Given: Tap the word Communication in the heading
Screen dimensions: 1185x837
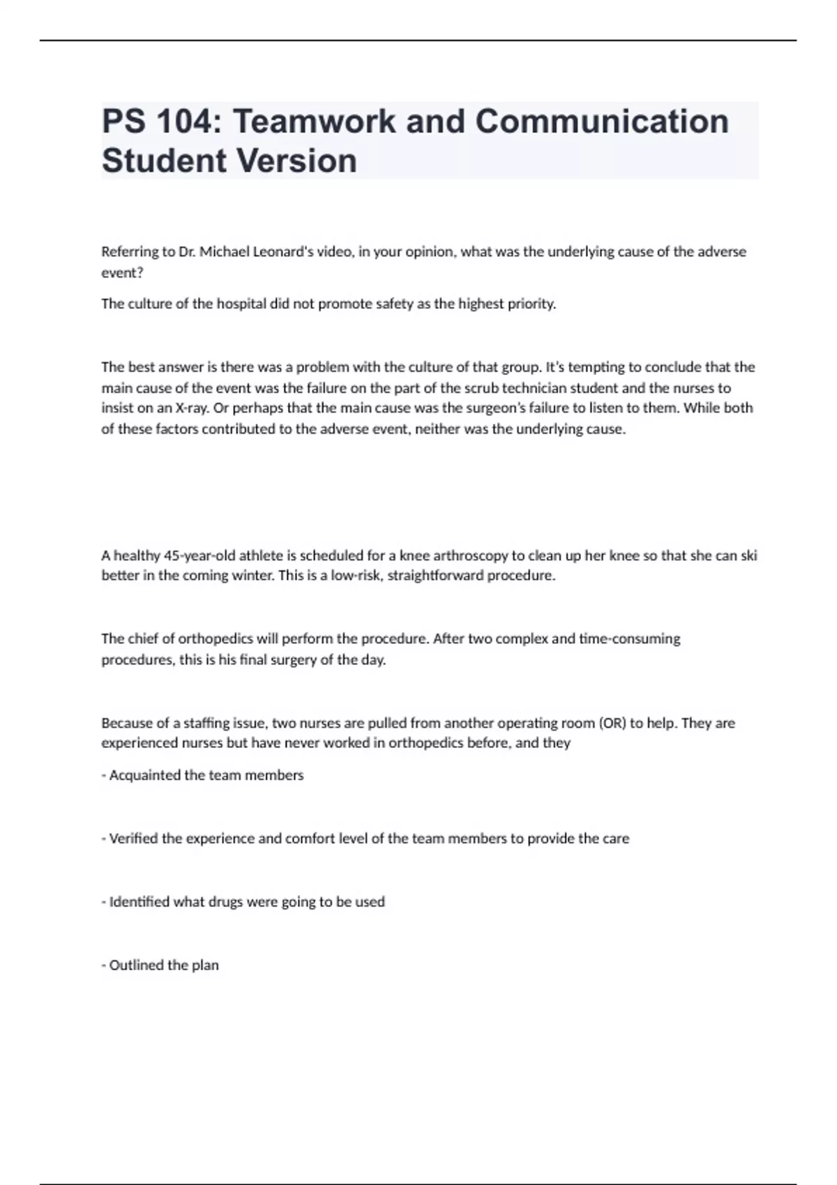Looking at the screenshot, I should pyautogui.click(x=602, y=122).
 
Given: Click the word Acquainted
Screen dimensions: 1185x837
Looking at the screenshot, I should pyautogui.click(x=145, y=775).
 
